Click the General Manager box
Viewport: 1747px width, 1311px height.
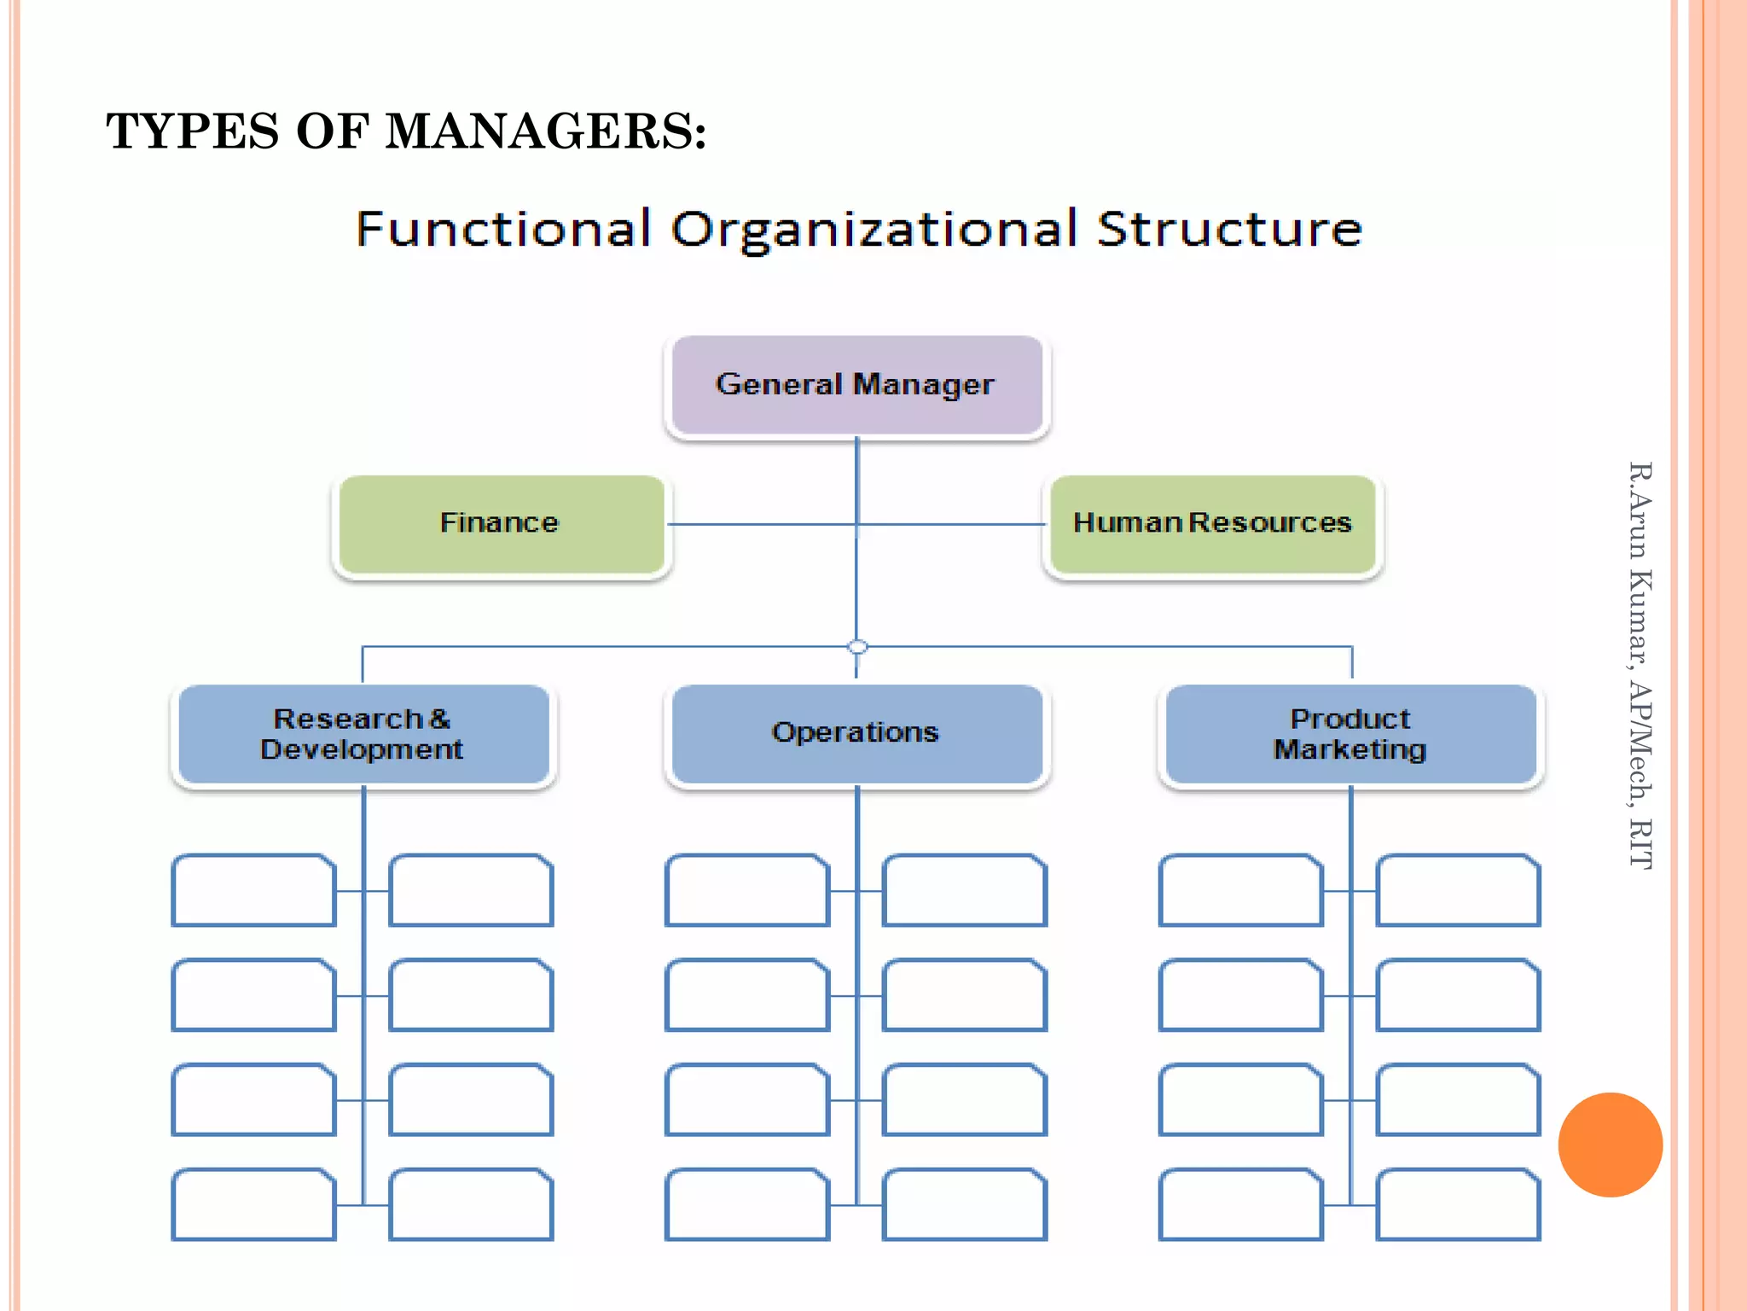pyautogui.click(x=856, y=385)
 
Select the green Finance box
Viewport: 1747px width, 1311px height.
pyautogui.click(x=501, y=523)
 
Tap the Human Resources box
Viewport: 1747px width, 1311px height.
pyautogui.click(x=1212, y=523)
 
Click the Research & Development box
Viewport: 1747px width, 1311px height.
pyautogui.click(x=363, y=734)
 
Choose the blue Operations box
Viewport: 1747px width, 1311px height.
pyautogui.click(x=856, y=733)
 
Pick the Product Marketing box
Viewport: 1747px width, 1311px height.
pyautogui.click(x=1350, y=734)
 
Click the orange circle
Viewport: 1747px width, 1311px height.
pyautogui.click(x=1610, y=1145)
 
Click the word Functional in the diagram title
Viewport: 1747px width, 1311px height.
pyautogui.click(x=503, y=230)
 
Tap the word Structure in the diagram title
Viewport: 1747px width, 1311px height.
pyautogui.click(x=1229, y=230)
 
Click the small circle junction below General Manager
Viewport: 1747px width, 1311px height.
pyautogui.click(x=857, y=647)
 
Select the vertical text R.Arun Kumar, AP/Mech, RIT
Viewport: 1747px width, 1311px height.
pyautogui.click(x=1640, y=666)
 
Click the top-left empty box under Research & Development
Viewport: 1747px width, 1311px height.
pyautogui.click(x=253, y=890)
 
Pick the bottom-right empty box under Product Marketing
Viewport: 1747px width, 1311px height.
pyautogui.click(x=1458, y=1204)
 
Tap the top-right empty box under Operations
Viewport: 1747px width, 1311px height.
pyautogui.click(x=964, y=890)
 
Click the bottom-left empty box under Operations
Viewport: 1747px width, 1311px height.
pyautogui.click(x=746, y=1204)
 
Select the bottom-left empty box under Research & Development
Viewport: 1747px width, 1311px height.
pyautogui.click(x=253, y=1204)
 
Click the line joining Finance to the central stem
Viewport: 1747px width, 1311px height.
pyautogui.click(x=759, y=524)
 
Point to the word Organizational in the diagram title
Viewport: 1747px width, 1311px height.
pyautogui.click(x=874, y=230)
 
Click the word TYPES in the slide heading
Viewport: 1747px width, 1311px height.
pyautogui.click(x=193, y=132)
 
